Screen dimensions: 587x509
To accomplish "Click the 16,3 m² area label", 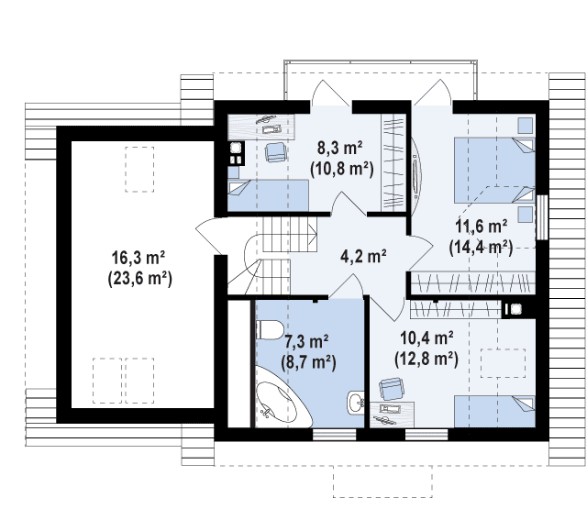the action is click(138, 258).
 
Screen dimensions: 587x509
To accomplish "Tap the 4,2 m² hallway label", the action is click(363, 257).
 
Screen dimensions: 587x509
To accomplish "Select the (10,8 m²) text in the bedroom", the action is click(342, 169).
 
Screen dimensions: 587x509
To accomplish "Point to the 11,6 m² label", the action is click(481, 227).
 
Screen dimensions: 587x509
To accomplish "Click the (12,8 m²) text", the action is click(426, 360).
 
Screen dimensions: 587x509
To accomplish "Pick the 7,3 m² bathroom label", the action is click(306, 341).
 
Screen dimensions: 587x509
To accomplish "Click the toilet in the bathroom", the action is click(269, 330).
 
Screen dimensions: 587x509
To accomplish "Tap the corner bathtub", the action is click(282, 398).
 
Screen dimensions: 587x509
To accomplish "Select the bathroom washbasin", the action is click(355, 403).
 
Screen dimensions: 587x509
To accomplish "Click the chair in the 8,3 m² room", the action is click(276, 152).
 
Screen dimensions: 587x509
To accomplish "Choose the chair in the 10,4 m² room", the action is click(392, 389).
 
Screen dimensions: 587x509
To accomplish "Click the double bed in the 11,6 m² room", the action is click(494, 171).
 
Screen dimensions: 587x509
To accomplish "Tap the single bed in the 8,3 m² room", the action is click(269, 195).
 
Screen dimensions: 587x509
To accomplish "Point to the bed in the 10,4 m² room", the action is click(494, 411).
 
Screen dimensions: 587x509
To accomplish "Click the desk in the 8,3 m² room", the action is click(261, 127).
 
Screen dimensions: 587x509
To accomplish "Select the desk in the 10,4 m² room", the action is click(392, 415).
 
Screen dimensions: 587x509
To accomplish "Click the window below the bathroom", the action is click(334, 435).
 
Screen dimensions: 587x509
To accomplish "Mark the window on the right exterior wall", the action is click(542, 217).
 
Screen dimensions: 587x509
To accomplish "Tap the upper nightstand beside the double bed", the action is click(526, 126).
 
